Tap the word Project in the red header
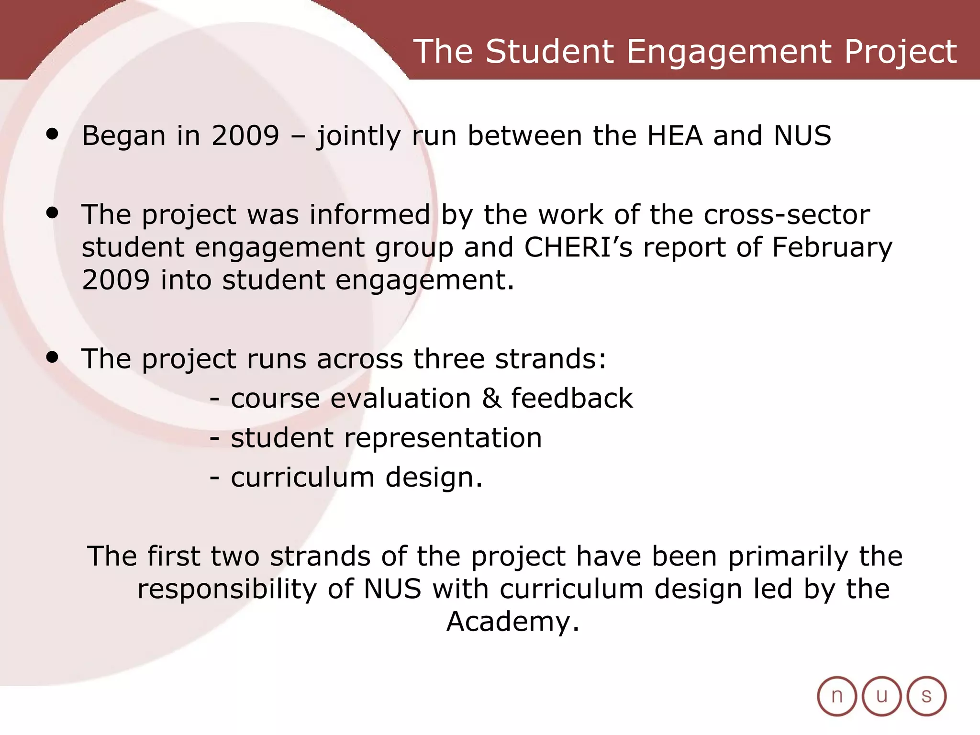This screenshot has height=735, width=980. [x=900, y=52]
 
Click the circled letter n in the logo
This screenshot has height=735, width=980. [x=836, y=696]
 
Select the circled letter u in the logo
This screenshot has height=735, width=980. [x=881, y=696]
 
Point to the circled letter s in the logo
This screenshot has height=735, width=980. [x=926, y=696]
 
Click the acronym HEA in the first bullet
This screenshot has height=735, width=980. [x=675, y=135]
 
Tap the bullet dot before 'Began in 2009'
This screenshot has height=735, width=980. [x=52, y=134]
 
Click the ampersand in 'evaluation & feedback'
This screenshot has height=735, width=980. [x=491, y=398]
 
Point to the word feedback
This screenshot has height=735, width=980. [x=572, y=398]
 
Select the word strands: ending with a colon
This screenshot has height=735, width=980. [x=550, y=358]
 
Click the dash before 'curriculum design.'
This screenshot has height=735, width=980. [x=215, y=478]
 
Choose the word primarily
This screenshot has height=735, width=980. [x=788, y=557]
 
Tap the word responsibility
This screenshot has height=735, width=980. [x=227, y=589]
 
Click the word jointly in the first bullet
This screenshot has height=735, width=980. [x=358, y=136]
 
